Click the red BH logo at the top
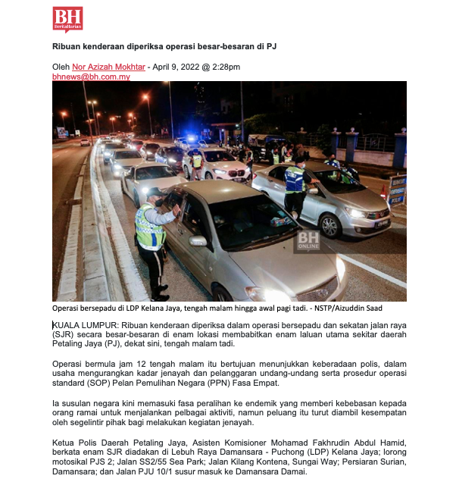click(67, 18)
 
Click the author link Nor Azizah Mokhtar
click(108, 67)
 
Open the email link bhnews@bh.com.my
click(91, 77)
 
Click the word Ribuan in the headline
click(67, 46)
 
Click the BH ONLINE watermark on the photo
click(308, 240)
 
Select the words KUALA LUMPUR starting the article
click(80, 324)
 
